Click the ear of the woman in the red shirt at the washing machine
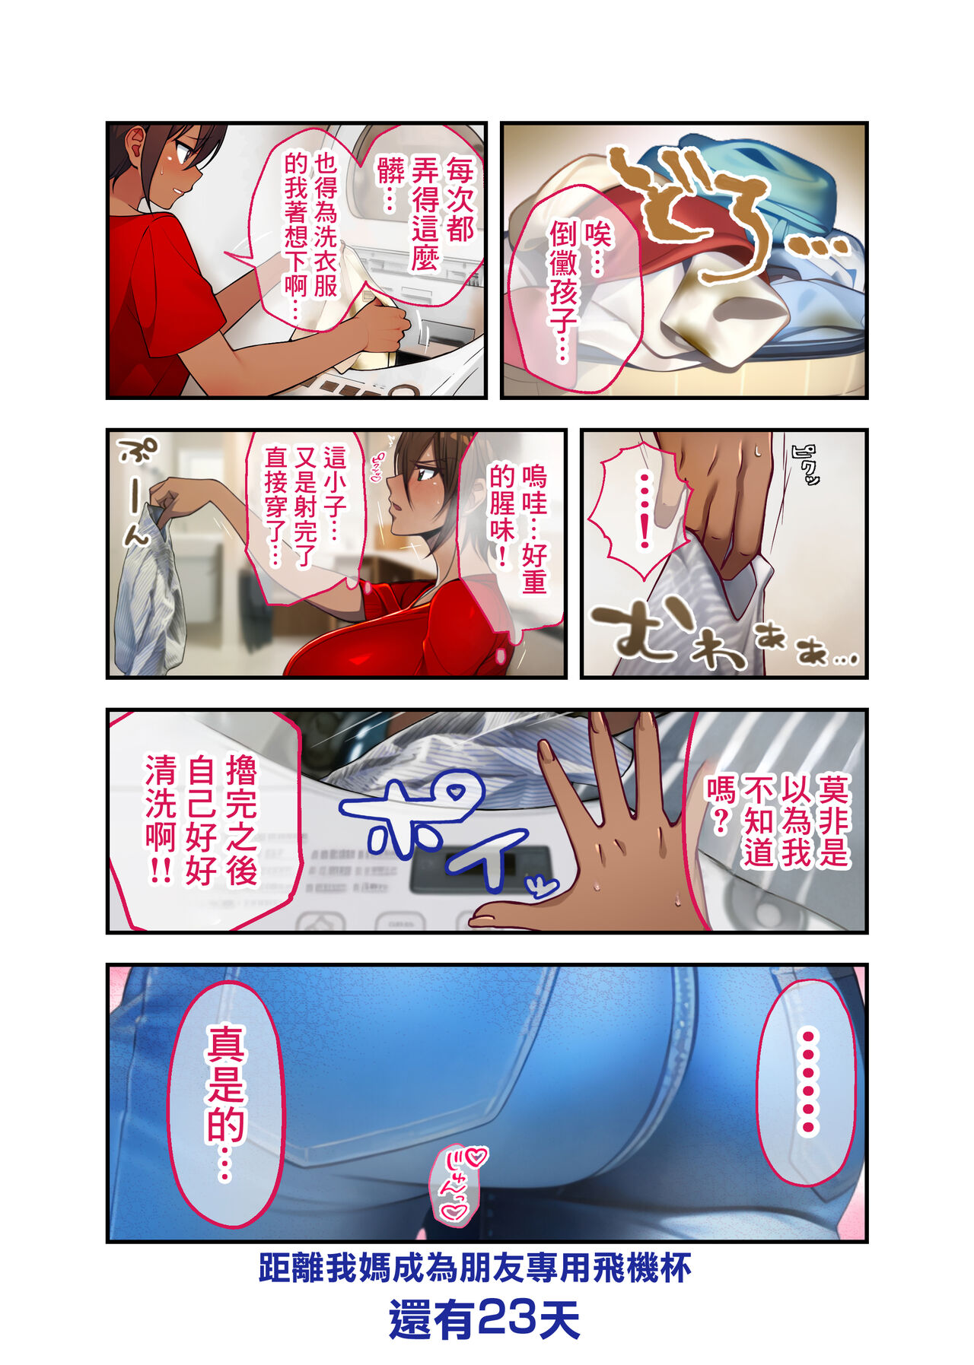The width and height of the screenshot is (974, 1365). (138, 141)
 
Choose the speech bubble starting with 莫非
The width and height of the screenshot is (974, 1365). (776, 821)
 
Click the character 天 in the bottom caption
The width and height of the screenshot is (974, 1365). (559, 1319)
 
